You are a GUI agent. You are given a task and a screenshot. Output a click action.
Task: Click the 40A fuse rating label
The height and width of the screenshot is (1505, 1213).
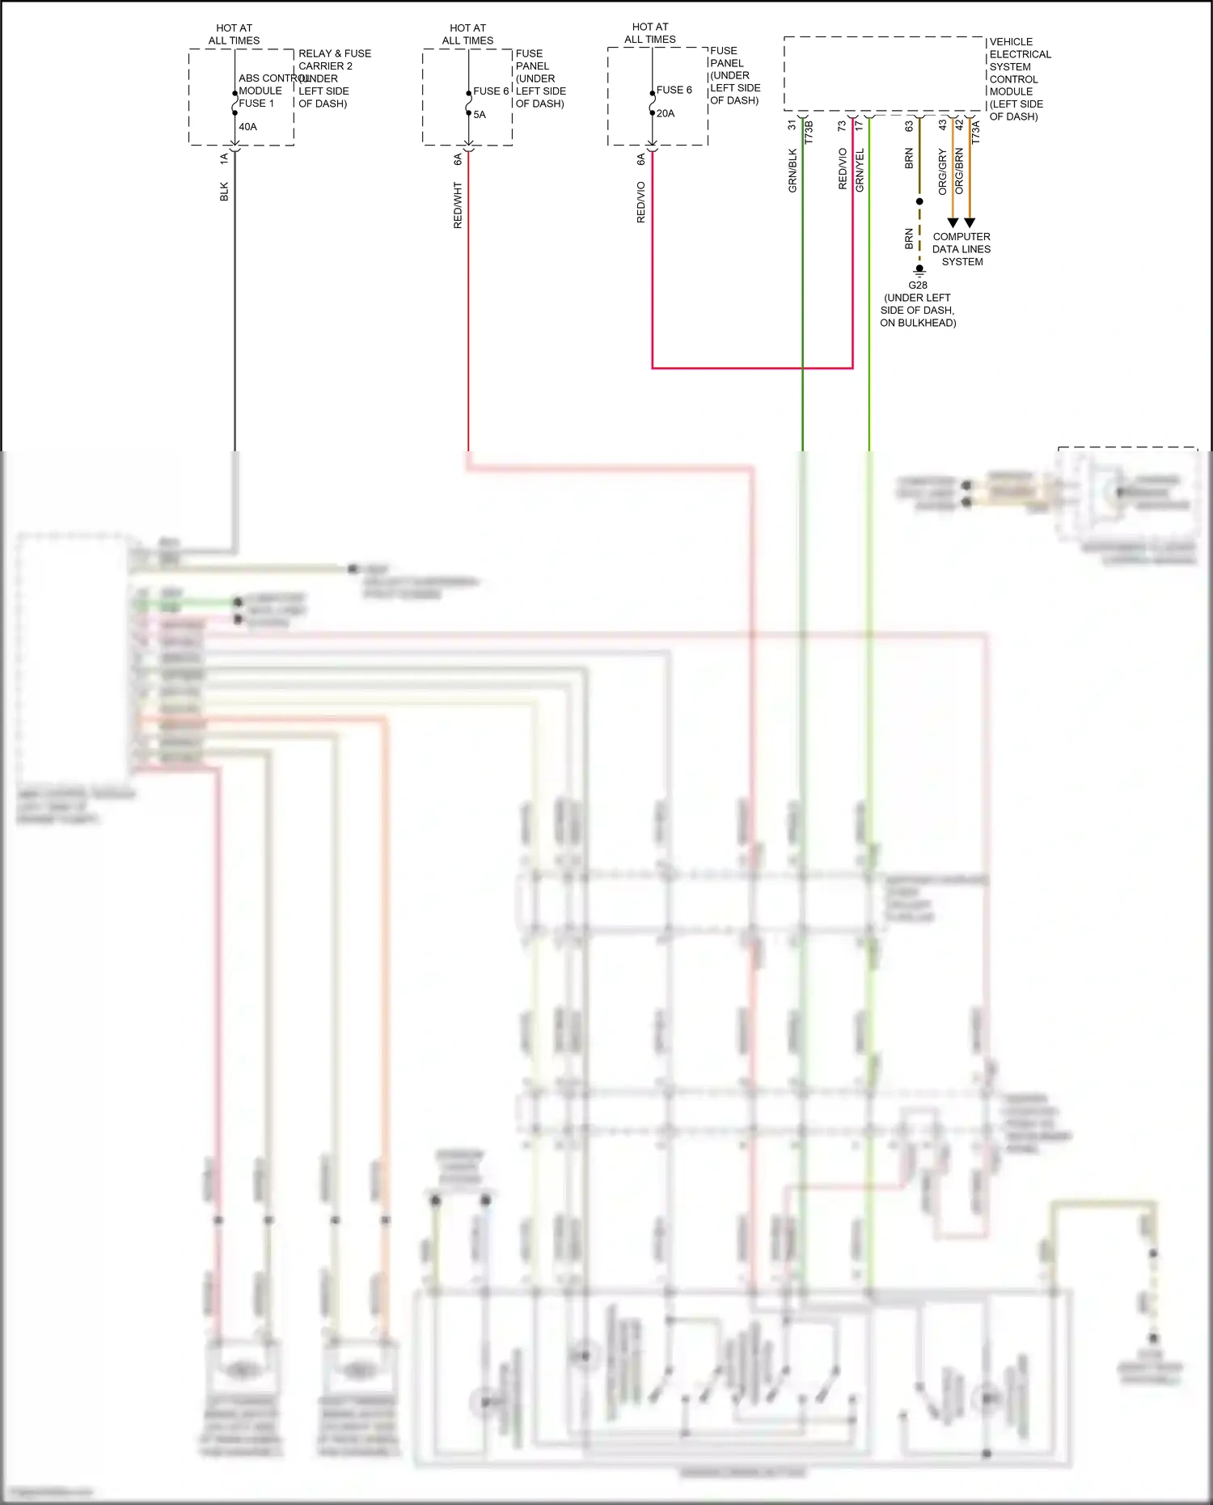(x=247, y=127)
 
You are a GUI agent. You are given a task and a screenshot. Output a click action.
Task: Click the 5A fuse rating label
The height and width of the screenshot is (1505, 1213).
(x=480, y=115)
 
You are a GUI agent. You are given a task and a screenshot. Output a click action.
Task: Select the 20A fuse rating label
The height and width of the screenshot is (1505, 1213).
(x=666, y=114)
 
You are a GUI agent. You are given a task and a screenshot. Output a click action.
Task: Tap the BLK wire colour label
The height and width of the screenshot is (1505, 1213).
(x=224, y=192)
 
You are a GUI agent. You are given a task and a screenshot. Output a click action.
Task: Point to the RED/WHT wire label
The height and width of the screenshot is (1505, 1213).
(x=458, y=205)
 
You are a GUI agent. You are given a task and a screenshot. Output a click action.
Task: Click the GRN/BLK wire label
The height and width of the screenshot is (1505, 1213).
(x=792, y=171)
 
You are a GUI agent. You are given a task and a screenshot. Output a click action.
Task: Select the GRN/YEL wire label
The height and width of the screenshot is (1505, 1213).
(x=860, y=170)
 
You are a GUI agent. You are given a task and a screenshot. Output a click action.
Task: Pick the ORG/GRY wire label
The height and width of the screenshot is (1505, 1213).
(x=942, y=172)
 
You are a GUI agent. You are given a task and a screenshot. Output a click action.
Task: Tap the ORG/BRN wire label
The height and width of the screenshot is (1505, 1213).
(x=959, y=171)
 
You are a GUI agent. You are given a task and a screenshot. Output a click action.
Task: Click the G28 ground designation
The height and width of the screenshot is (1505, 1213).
(x=918, y=285)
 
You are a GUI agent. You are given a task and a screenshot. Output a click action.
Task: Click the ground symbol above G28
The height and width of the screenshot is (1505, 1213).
(x=919, y=271)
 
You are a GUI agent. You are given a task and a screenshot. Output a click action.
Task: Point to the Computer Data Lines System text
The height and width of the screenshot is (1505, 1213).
(x=962, y=249)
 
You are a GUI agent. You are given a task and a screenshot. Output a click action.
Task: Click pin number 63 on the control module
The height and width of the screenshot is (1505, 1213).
(x=909, y=126)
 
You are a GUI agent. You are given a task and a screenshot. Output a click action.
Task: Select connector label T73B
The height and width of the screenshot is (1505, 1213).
(x=809, y=132)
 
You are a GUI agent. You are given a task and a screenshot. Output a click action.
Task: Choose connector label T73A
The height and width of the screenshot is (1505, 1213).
(x=975, y=132)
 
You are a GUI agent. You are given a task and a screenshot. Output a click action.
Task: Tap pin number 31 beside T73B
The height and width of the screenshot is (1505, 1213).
(x=792, y=125)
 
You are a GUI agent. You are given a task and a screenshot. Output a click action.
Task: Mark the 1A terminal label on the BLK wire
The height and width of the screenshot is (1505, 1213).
(x=224, y=159)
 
